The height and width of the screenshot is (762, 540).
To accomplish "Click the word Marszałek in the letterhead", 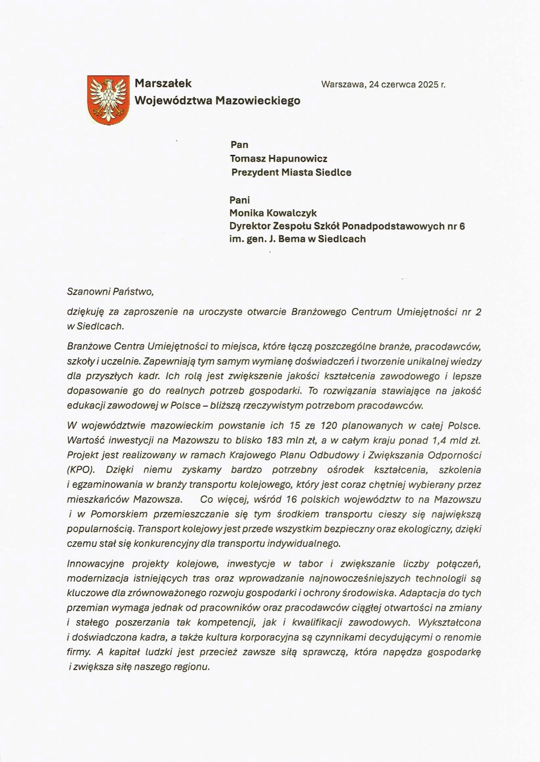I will point(163,83).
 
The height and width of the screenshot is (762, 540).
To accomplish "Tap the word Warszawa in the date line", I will point(343,84).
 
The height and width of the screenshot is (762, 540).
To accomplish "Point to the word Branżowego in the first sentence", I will point(316,312).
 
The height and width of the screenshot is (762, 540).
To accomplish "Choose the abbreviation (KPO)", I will point(82,470).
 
